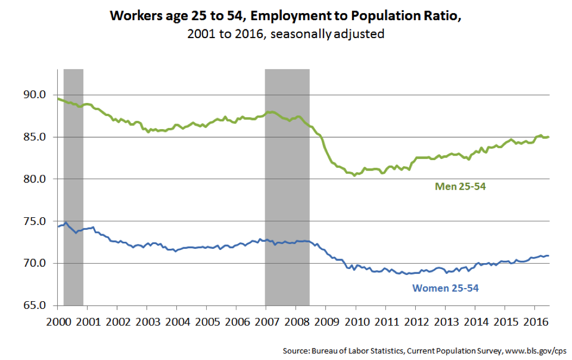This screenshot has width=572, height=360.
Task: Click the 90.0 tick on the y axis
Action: coord(35,95)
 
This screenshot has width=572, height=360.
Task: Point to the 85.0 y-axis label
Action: coord(35,137)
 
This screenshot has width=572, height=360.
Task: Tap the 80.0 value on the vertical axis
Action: coord(35,179)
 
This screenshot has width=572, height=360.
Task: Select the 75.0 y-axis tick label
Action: coord(35,221)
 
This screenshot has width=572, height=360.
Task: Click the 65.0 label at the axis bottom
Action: coord(35,305)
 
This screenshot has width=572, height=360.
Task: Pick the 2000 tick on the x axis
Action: coord(58,321)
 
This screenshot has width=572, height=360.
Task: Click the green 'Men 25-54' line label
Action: coord(460,187)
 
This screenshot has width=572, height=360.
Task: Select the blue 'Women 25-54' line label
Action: coord(446,288)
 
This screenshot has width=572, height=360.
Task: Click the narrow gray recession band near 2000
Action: coord(73,163)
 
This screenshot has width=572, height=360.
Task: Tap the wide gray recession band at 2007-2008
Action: coord(287,163)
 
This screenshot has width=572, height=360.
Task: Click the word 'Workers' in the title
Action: coord(133,15)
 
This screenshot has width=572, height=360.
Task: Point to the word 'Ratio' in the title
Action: coord(441,15)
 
